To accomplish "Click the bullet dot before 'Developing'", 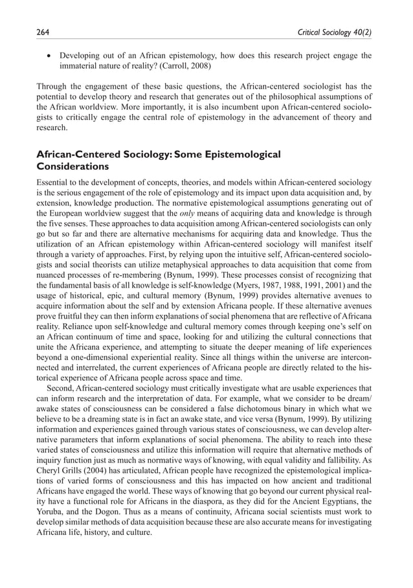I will tap(49, 55).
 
